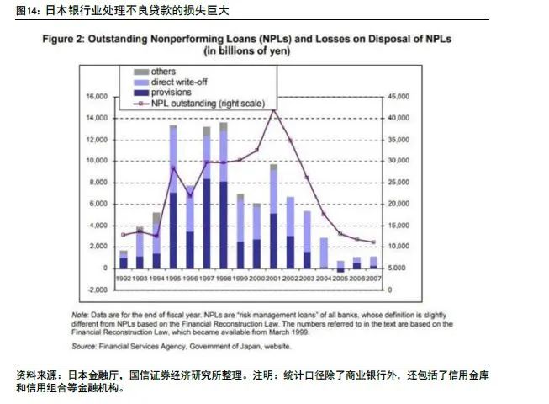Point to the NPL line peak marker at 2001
click(x=272, y=109)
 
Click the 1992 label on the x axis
click(x=124, y=278)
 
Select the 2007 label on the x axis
click(x=373, y=278)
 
